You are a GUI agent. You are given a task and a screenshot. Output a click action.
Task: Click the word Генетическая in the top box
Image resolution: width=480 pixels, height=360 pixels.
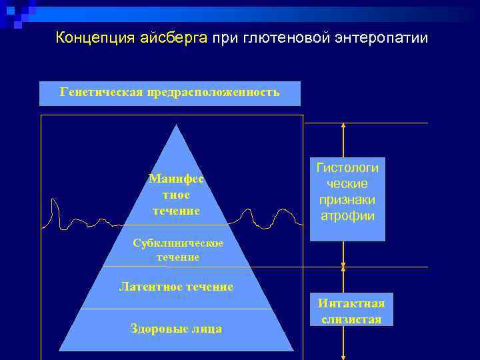[101, 92]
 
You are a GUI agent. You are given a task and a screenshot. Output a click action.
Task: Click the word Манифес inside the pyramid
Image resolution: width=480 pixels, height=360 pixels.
[176, 179]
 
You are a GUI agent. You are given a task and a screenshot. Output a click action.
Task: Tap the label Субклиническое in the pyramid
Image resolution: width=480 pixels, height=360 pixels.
[177, 243]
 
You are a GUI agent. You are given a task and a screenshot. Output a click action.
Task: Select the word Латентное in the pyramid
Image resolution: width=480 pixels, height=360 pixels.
[147, 287]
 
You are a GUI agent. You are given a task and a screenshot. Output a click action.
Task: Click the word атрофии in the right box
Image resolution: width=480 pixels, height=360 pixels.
[347, 216]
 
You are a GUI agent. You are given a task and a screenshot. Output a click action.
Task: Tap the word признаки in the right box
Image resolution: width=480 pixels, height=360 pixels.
[347, 200]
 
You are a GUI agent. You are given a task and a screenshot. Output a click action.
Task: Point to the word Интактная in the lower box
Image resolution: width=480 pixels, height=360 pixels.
[351, 304]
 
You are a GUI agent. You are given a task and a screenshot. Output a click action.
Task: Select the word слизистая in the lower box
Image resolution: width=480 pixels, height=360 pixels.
[351, 319]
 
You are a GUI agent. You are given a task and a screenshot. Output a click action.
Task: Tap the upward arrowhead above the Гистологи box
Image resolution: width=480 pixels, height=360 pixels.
[343, 127]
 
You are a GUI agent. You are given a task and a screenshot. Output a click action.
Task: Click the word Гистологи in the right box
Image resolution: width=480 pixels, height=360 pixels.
[347, 167]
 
